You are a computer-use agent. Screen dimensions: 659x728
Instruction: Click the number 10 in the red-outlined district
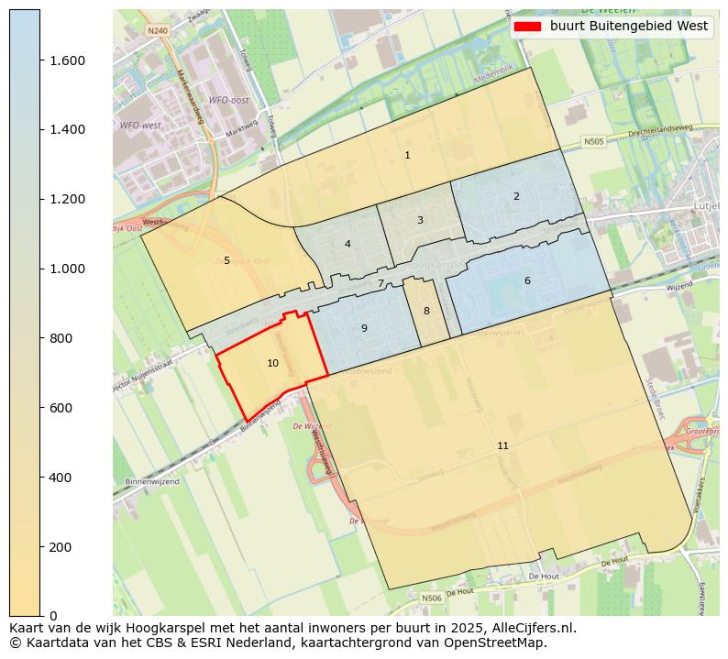[272, 364]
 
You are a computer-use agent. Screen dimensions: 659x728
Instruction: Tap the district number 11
[502, 446]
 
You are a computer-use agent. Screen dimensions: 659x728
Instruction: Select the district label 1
[407, 156]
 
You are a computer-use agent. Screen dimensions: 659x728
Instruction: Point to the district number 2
[516, 197]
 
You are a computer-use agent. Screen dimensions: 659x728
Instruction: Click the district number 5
[226, 261]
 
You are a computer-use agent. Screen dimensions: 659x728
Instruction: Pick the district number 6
[527, 281]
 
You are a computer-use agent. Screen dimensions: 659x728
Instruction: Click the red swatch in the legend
[528, 27]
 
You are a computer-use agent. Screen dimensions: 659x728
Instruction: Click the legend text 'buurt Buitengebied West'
[629, 27]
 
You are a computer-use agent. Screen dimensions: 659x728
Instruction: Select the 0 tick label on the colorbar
[54, 616]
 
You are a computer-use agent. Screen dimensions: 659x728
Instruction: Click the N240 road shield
[158, 30]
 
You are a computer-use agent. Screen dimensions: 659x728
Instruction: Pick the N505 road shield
[594, 142]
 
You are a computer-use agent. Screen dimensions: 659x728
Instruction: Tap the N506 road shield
[431, 598]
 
